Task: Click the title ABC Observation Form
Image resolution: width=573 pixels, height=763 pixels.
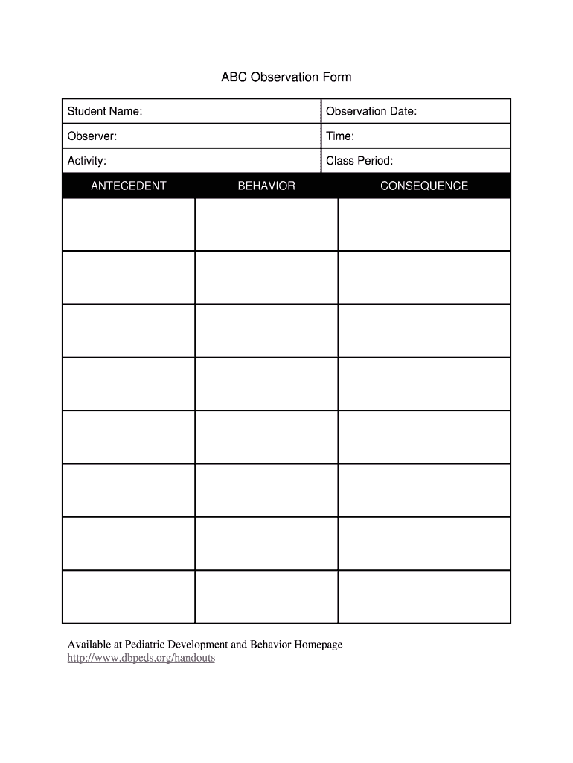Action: point(286,77)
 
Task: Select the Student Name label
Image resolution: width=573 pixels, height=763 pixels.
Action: point(105,112)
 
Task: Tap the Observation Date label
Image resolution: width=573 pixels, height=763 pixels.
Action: point(371,112)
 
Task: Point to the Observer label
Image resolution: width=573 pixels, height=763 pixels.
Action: point(92,136)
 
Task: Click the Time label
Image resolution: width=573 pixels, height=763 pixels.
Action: point(340,136)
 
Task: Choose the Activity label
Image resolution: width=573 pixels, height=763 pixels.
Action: point(87,161)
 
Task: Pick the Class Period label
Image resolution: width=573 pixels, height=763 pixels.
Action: point(359,161)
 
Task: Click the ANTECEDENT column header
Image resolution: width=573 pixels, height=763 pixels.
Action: point(129,186)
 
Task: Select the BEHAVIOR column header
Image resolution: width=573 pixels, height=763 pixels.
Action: point(266,186)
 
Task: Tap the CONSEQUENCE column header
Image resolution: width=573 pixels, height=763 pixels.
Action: point(424,186)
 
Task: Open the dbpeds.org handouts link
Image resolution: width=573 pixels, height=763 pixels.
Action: point(141,659)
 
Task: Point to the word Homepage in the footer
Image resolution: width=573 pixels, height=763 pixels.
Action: point(316,645)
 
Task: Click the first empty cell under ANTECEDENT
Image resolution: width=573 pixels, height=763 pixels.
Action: point(129,224)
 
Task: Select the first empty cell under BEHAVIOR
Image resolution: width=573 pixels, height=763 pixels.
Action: point(266,224)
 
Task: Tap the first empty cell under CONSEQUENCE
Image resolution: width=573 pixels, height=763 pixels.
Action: point(424,224)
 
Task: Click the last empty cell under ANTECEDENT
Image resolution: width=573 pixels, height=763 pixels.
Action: point(129,596)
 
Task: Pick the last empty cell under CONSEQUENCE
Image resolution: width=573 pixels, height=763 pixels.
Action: point(424,596)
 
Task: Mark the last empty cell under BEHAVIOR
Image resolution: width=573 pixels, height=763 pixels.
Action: point(266,596)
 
